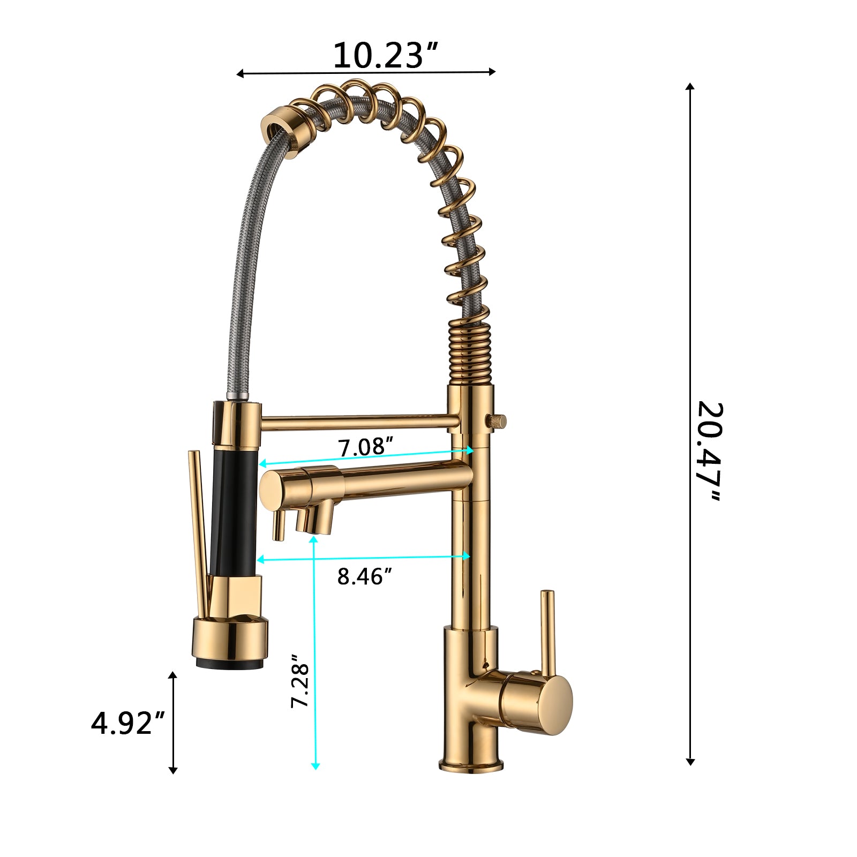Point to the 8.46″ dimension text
click(364, 577)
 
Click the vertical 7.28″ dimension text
click(300, 681)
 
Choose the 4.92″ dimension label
click(128, 724)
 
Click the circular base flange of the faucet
click(471, 764)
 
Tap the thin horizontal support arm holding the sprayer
click(359, 422)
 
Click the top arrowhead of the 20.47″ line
click(690, 87)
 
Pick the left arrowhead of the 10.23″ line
click(240, 74)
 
